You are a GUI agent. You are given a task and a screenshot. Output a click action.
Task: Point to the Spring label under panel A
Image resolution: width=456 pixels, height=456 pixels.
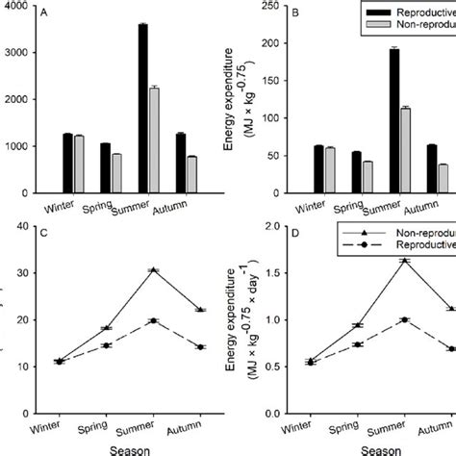(95, 207)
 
